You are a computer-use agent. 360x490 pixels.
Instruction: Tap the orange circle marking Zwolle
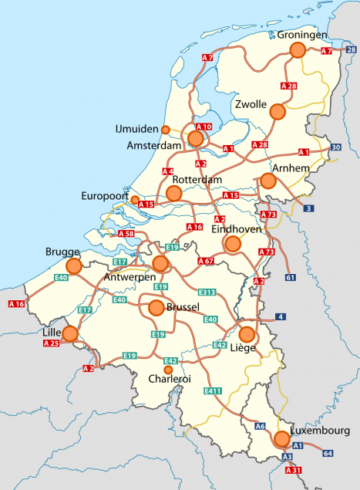coord(278,112)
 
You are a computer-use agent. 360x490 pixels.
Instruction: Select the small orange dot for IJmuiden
coord(165,129)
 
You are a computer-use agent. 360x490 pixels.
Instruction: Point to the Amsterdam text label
coord(158,146)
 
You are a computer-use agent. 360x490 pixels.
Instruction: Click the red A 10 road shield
coord(204,127)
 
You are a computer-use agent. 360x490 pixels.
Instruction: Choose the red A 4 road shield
coord(167,171)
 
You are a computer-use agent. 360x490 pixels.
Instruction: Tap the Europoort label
coord(104,197)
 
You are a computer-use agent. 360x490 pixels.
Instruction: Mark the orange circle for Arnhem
coord(268,181)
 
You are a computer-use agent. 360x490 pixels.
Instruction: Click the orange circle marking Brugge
coord(74,266)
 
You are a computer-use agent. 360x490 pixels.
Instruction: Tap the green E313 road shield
coord(207,292)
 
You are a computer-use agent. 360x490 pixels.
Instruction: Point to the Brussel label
coord(183,306)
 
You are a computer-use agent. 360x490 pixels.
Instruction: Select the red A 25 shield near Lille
coord(51,342)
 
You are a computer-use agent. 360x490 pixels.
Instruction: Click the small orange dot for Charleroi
coord(168,370)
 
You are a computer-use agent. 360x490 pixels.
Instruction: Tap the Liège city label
coord(243,348)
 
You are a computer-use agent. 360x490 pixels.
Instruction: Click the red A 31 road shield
coord(294,470)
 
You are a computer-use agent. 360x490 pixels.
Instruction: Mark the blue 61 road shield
coord(290,277)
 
